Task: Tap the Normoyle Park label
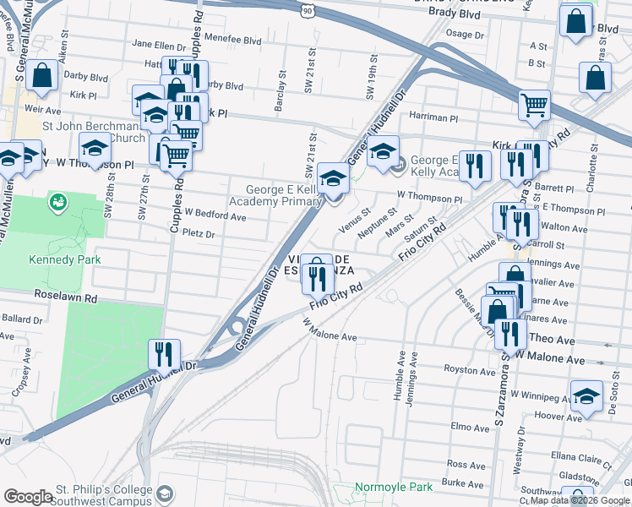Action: click(393, 487)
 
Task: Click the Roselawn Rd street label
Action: click(66, 297)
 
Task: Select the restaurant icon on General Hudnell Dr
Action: click(163, 355)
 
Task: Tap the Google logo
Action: click(28, 497)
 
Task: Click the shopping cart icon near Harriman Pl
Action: click(534, 106)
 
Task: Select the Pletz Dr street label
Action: click(199, 234)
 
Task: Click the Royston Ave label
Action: click(470, 371)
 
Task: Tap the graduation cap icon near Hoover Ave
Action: click(586, 395)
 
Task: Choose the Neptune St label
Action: click(378, 225)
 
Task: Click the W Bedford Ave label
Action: click(215, 216)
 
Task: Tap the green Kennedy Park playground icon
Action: click(57, 202)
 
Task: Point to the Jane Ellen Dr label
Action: click(159, 45)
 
